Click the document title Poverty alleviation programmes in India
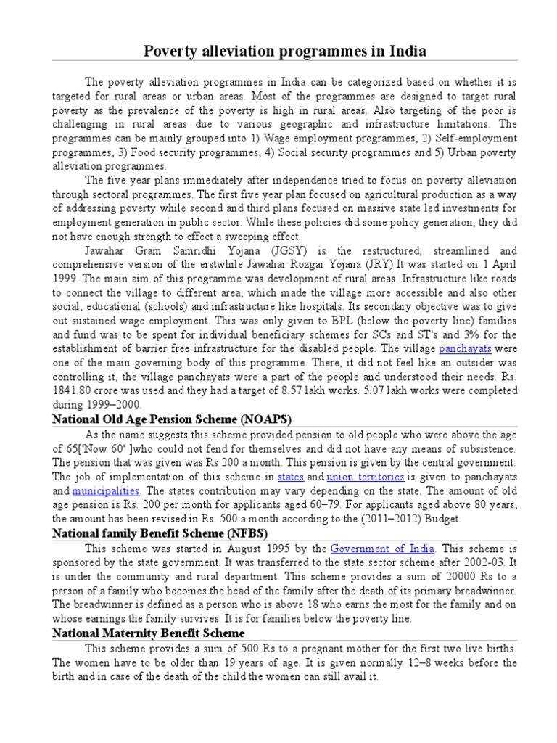coord(278,52)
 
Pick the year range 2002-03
coord(469,562)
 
